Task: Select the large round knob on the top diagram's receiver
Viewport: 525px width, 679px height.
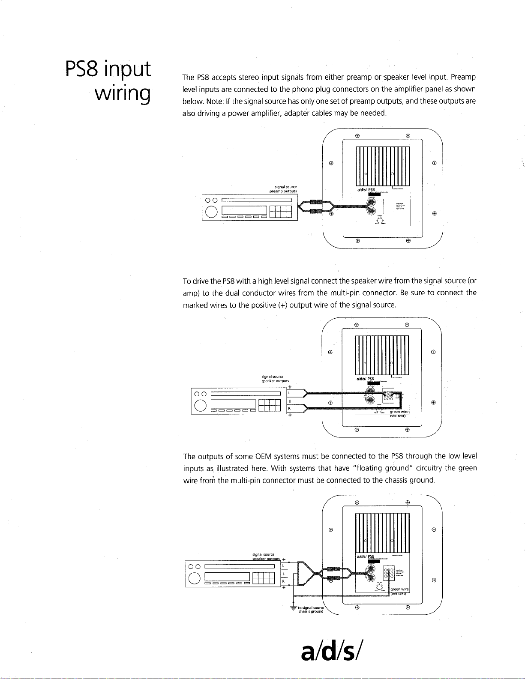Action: pyautogui.click(x=211, y=212)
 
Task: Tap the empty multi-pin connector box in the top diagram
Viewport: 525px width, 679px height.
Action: pyautogui.click(x=389, y=207)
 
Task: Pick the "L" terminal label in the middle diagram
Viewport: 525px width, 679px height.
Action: pyautogui.click(x=290, y=392)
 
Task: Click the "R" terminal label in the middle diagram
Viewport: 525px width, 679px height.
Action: pyautogui.click(x=290, y=409)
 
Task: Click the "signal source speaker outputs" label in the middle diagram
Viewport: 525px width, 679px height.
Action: pyautogui.click(x=275, y=379)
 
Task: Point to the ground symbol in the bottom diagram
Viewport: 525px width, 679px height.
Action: pyautogui.click(x=293, y=608)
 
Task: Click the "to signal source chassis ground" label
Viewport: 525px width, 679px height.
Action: pyautogui.click(x=311, y=610)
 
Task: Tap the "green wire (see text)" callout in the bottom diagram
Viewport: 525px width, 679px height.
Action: pyautogui.click(x=399, y=591)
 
